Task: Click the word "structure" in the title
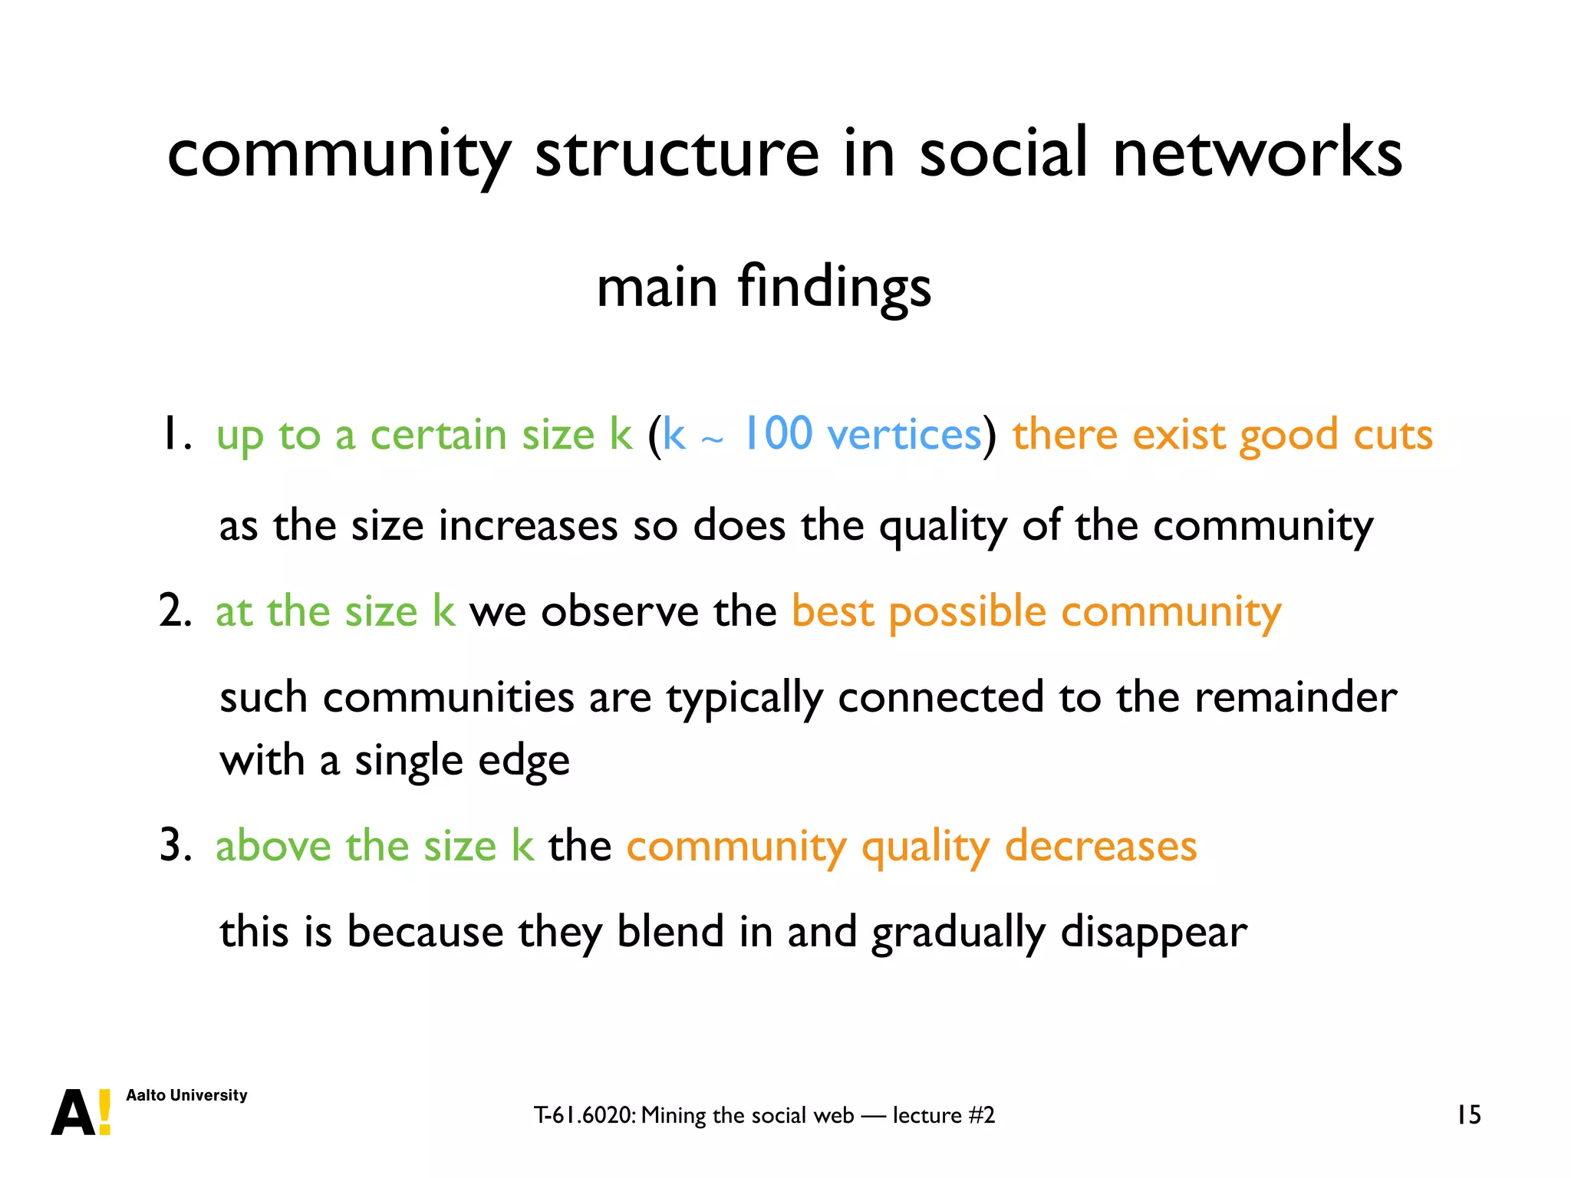click(x=677, y=153)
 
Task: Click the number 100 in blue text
click(x=778, y=434)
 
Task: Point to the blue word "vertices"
click(x=904, y=436)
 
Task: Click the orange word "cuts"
click(x=1392, y=436)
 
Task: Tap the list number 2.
click(x=174, y=612)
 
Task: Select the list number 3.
click(x=174, y=847)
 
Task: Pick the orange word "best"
click(x=832, y=612)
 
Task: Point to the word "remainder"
click(x=1296, y=698)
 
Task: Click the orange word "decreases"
click(x=1101, y=847)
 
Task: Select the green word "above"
click(x=273, y=847)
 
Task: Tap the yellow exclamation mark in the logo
click(x=105, y=1112)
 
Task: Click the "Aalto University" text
click(x=186, y=1095)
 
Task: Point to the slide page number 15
click(x=1468, y=1115)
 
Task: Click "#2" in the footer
click(x=981, y=1115)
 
